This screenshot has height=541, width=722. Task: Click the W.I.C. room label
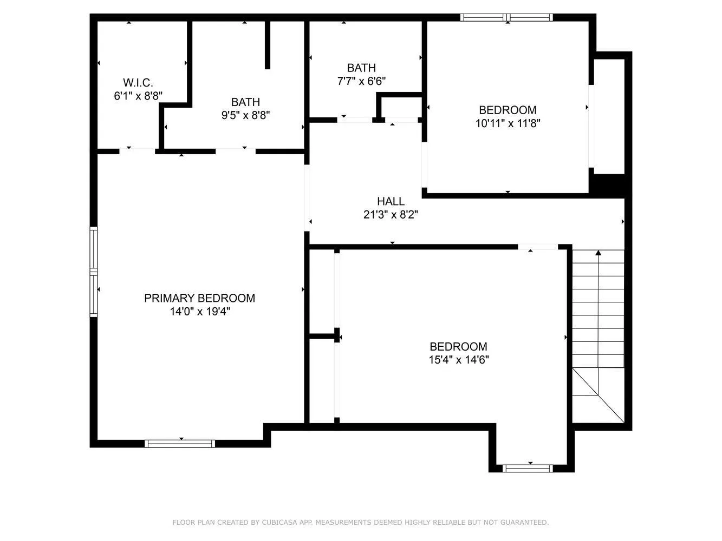click(x=138, y=83)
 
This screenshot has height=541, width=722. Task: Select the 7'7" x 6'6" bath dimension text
click(x=361, y=81)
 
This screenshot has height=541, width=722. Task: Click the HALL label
click(x=391, y=201)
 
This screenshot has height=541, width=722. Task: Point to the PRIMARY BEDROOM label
click(x=199, y=298)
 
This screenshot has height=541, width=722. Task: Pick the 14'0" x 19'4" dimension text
click(x=199, y=312)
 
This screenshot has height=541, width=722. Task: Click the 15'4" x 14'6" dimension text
click(x=459, y=360)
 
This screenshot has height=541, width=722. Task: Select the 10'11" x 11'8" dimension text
click(x=508, y=123)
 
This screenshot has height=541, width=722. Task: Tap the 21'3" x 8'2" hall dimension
click(x=391, y=215)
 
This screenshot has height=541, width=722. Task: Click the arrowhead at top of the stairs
click(x=598, y=253)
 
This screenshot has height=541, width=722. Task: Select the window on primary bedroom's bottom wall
click(x=180, y=444)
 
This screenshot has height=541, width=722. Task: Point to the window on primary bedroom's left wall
click(x=94, y=272)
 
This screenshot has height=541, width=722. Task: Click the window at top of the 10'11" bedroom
click(x=506, y=17)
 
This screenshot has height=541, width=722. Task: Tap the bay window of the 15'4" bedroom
click(x=528, y=468)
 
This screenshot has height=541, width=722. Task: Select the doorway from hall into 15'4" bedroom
click(x=537, y=247)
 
